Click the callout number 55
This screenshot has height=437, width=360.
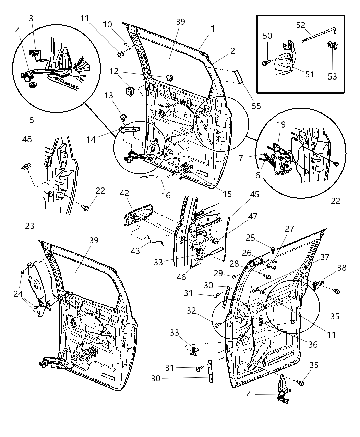256,106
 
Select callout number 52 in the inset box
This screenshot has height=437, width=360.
301,25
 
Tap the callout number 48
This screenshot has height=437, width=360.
27,140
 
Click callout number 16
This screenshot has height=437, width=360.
166,195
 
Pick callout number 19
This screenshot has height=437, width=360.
281,125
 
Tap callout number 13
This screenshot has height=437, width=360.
109,95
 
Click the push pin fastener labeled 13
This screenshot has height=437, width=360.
122,118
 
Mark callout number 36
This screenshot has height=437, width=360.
313,344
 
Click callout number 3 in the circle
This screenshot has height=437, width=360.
31,18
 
